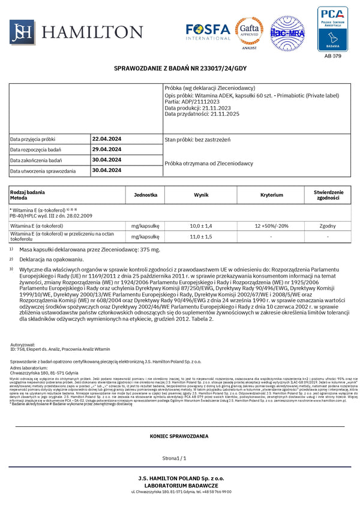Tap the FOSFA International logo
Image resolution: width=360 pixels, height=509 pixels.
click(208, 31)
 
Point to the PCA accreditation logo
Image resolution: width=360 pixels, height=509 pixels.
click(332, 29)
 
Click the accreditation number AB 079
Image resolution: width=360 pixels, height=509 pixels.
click(332, 56)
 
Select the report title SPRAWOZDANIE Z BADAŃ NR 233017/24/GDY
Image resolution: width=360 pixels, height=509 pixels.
click(180, 69)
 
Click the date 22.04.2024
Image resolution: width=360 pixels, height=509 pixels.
click(107, 138)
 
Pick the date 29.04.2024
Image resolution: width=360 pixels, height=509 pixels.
click(107, 149)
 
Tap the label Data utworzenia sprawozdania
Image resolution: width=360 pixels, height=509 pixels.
click(43, 171)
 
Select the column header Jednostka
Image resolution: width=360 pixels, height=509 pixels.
click(146, 195)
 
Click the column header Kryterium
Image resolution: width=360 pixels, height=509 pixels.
click(271, 195)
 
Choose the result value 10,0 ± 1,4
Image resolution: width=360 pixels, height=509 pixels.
click(201, 225)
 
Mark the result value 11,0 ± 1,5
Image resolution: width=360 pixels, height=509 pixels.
click(201, 237)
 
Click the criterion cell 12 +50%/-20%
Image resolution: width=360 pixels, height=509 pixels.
click(271, 225)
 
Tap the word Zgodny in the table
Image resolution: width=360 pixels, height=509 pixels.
click(328, 225)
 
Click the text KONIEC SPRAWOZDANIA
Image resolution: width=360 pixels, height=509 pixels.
click(180, 436)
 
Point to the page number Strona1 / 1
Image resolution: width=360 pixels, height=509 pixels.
click(180, 457)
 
